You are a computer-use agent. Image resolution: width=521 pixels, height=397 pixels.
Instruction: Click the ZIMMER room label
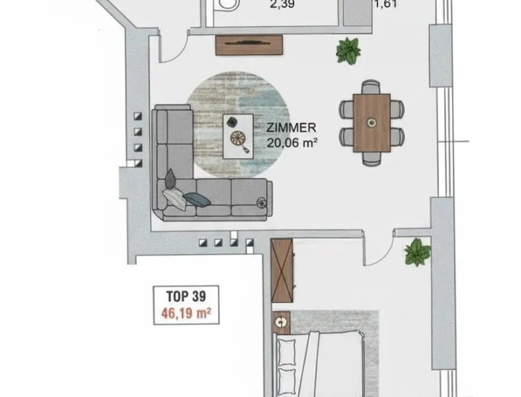click(x=292, y=128)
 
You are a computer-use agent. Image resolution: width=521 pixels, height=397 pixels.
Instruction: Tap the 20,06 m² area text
click(x=292, y=143)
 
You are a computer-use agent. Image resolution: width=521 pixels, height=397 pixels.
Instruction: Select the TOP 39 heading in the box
click(x=186, y=296)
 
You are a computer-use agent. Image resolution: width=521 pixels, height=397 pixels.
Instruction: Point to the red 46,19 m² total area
click(x=186, y=313)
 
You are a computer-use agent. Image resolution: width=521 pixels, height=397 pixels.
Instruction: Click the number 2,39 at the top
click(x=282, y=4)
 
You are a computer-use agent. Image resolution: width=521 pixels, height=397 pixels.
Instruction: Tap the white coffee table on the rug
click(x=238, y=136)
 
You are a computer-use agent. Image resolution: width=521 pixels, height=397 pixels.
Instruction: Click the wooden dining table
click(x=372, y=123)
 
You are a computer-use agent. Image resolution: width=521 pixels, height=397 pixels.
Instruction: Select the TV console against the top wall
click(x=249, y=45)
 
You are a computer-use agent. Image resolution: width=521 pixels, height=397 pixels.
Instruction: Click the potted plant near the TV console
click(x=348, y=50)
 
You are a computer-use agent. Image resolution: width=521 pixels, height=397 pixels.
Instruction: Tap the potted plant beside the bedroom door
click(x=417, y=251)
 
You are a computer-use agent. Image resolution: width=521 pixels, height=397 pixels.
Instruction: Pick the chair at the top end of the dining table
click(x=371, y=87)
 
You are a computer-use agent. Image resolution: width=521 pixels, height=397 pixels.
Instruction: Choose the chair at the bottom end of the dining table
click(x=371, y=159)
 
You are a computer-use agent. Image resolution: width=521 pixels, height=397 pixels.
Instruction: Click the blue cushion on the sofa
click(x=197, y=200)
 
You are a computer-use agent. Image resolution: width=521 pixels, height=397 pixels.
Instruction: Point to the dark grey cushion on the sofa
click(x=171, y=178)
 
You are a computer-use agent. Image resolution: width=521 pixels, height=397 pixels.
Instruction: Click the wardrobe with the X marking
click(x=282, y=271)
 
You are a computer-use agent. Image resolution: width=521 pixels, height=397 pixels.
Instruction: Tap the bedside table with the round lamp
click(x=282, y=322)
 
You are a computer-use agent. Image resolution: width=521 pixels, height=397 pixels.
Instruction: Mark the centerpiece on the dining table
click(x=372, y=122)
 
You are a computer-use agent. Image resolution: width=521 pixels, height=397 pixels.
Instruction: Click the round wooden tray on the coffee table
click(x=238, y=138)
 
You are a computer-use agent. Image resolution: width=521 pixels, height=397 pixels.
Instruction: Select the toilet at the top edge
click(x=227, y=5)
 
